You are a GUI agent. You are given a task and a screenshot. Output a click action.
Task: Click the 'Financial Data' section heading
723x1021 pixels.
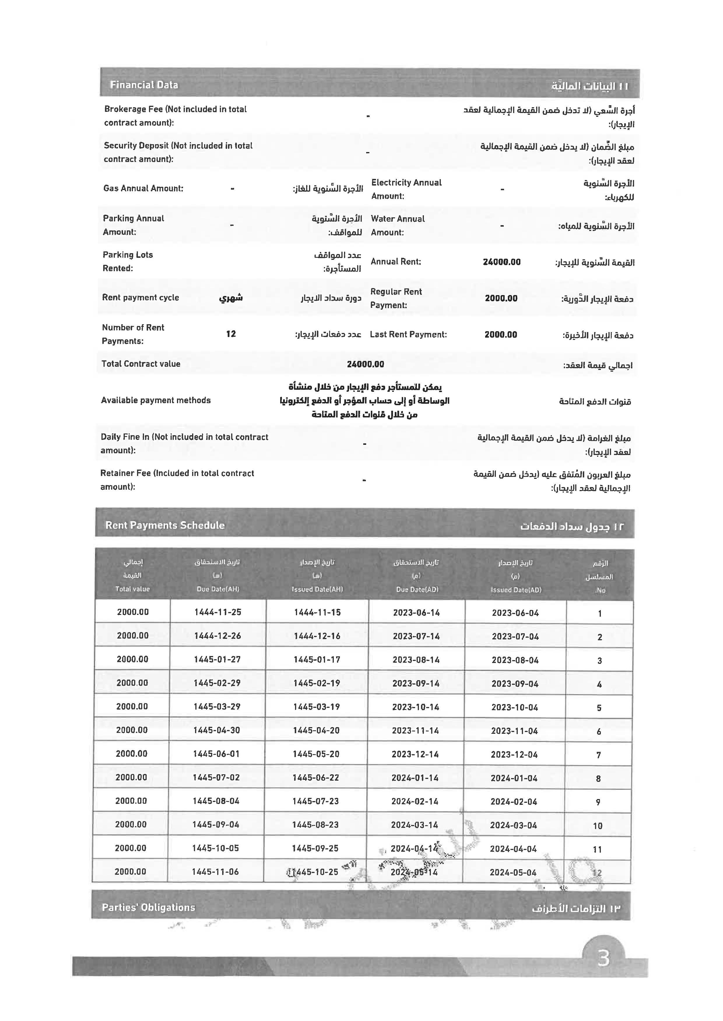pos(144,85)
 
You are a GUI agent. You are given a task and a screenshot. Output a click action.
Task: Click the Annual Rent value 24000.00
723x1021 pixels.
pos(502,262)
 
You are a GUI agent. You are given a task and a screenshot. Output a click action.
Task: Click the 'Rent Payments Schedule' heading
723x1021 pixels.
pos(165,526)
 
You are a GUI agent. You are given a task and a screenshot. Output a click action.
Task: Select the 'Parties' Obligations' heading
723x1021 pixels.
pos(148,908)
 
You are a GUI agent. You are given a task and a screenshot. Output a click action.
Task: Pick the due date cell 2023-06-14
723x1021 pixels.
pos(416,613)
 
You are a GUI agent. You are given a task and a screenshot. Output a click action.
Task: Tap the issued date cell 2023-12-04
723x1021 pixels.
pos(514,754)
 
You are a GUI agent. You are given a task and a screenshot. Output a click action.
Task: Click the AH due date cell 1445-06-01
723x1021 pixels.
pos(216,754)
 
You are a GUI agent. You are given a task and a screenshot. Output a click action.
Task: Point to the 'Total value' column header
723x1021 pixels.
pos(133,589)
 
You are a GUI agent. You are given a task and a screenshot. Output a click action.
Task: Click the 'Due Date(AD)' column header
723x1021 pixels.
pos(417,590)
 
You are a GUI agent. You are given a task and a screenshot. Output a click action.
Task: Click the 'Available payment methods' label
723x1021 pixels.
pos(156,401)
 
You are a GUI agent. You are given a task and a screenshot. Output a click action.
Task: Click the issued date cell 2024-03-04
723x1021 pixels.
pos(514,825)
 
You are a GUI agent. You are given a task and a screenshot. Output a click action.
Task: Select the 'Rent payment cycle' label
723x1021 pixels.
pos(141,298)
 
